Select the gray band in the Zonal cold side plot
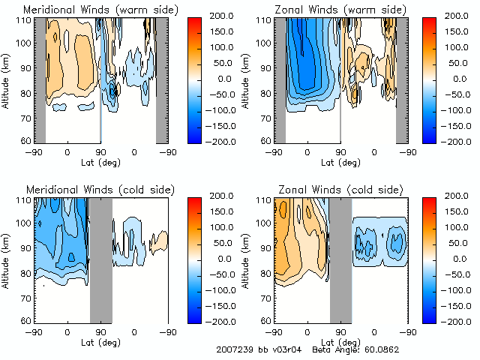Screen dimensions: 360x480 (x=340, y=259)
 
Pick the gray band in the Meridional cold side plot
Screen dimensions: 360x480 (x=100, y=259)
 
